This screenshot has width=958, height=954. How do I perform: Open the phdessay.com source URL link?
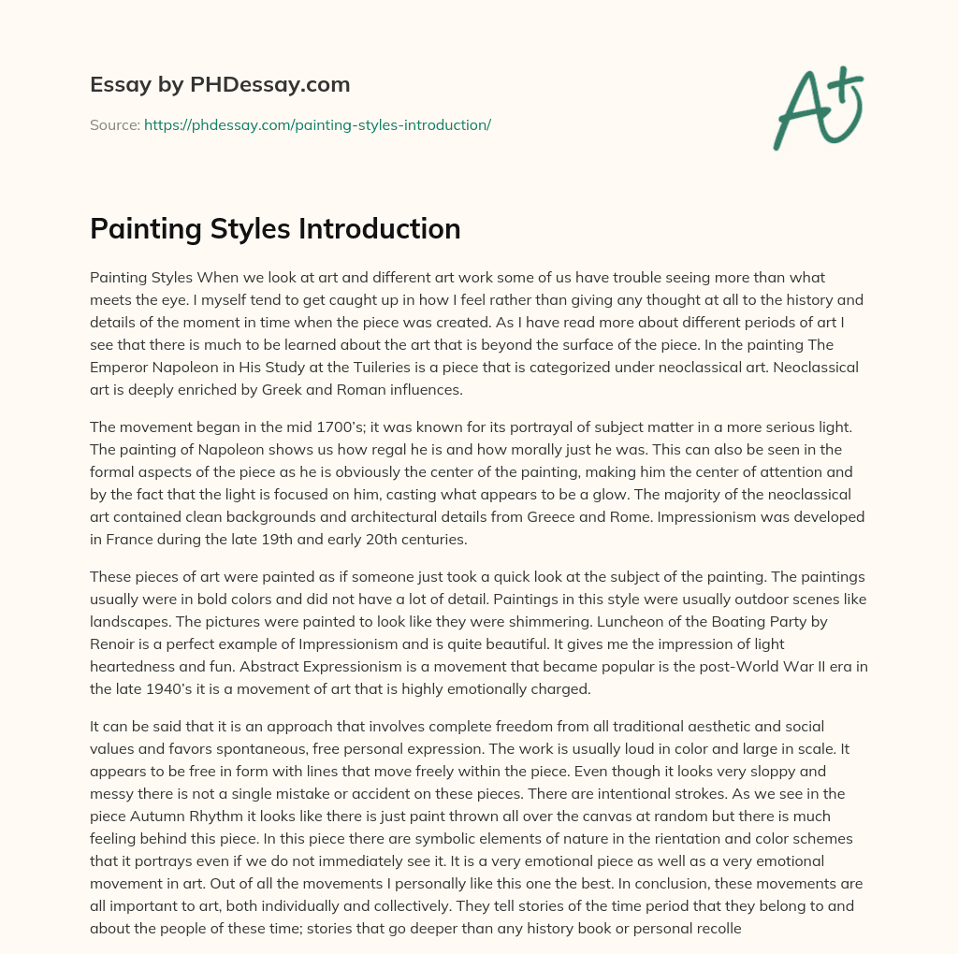(317, 124)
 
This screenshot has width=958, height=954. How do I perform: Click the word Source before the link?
(114, 124)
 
